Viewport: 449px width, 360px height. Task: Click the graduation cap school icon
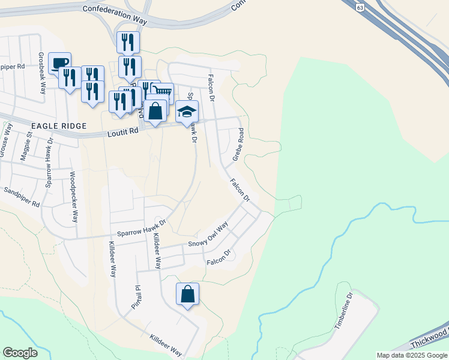pyautogui.click(x=187, y=112)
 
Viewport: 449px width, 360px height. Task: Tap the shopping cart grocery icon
pyautogui.click(x=162, y=92)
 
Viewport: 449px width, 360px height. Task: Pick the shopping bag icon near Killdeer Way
pyautogui.click(x=187, y=294)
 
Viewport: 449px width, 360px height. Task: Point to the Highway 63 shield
pyautogui.click(x=360, y=7)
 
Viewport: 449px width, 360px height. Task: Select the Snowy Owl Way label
pyautogui.click(x=208, y=235)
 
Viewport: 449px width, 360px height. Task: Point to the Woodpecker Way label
pyautogui.click(x=73, y=197)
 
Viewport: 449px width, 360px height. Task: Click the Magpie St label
pyautogui.click(x=29, y=146)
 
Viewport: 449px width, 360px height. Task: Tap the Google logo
pyautogui.click(x=20, y=353)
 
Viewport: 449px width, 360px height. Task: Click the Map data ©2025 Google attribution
pyautogui.click(x=411, y=355)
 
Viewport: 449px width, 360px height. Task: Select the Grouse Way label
pyautogui.click(x=4, y=140)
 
